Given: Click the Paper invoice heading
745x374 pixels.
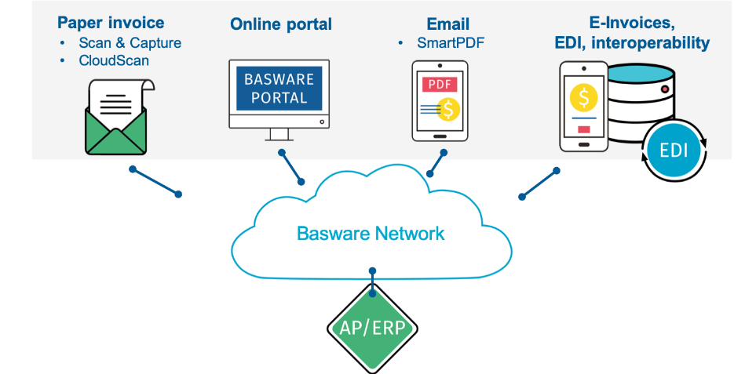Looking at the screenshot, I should coord(111,23).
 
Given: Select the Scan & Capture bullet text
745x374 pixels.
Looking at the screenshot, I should coord(130,42).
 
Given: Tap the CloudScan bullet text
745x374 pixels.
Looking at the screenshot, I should coord(114,60).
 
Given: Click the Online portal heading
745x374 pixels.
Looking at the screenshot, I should coord(281,24).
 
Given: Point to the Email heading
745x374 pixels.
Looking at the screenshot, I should coord(447,24).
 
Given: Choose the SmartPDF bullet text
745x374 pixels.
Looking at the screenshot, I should coord(451,42).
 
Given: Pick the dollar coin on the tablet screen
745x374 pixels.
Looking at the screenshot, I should coord(449,110).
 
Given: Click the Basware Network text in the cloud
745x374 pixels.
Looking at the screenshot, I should coord(370,233).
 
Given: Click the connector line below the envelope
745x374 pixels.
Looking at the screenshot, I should coord(155,181).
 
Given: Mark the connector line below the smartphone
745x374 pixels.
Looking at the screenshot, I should coord(539,182).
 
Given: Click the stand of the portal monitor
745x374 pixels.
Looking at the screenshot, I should coord(279,135).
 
